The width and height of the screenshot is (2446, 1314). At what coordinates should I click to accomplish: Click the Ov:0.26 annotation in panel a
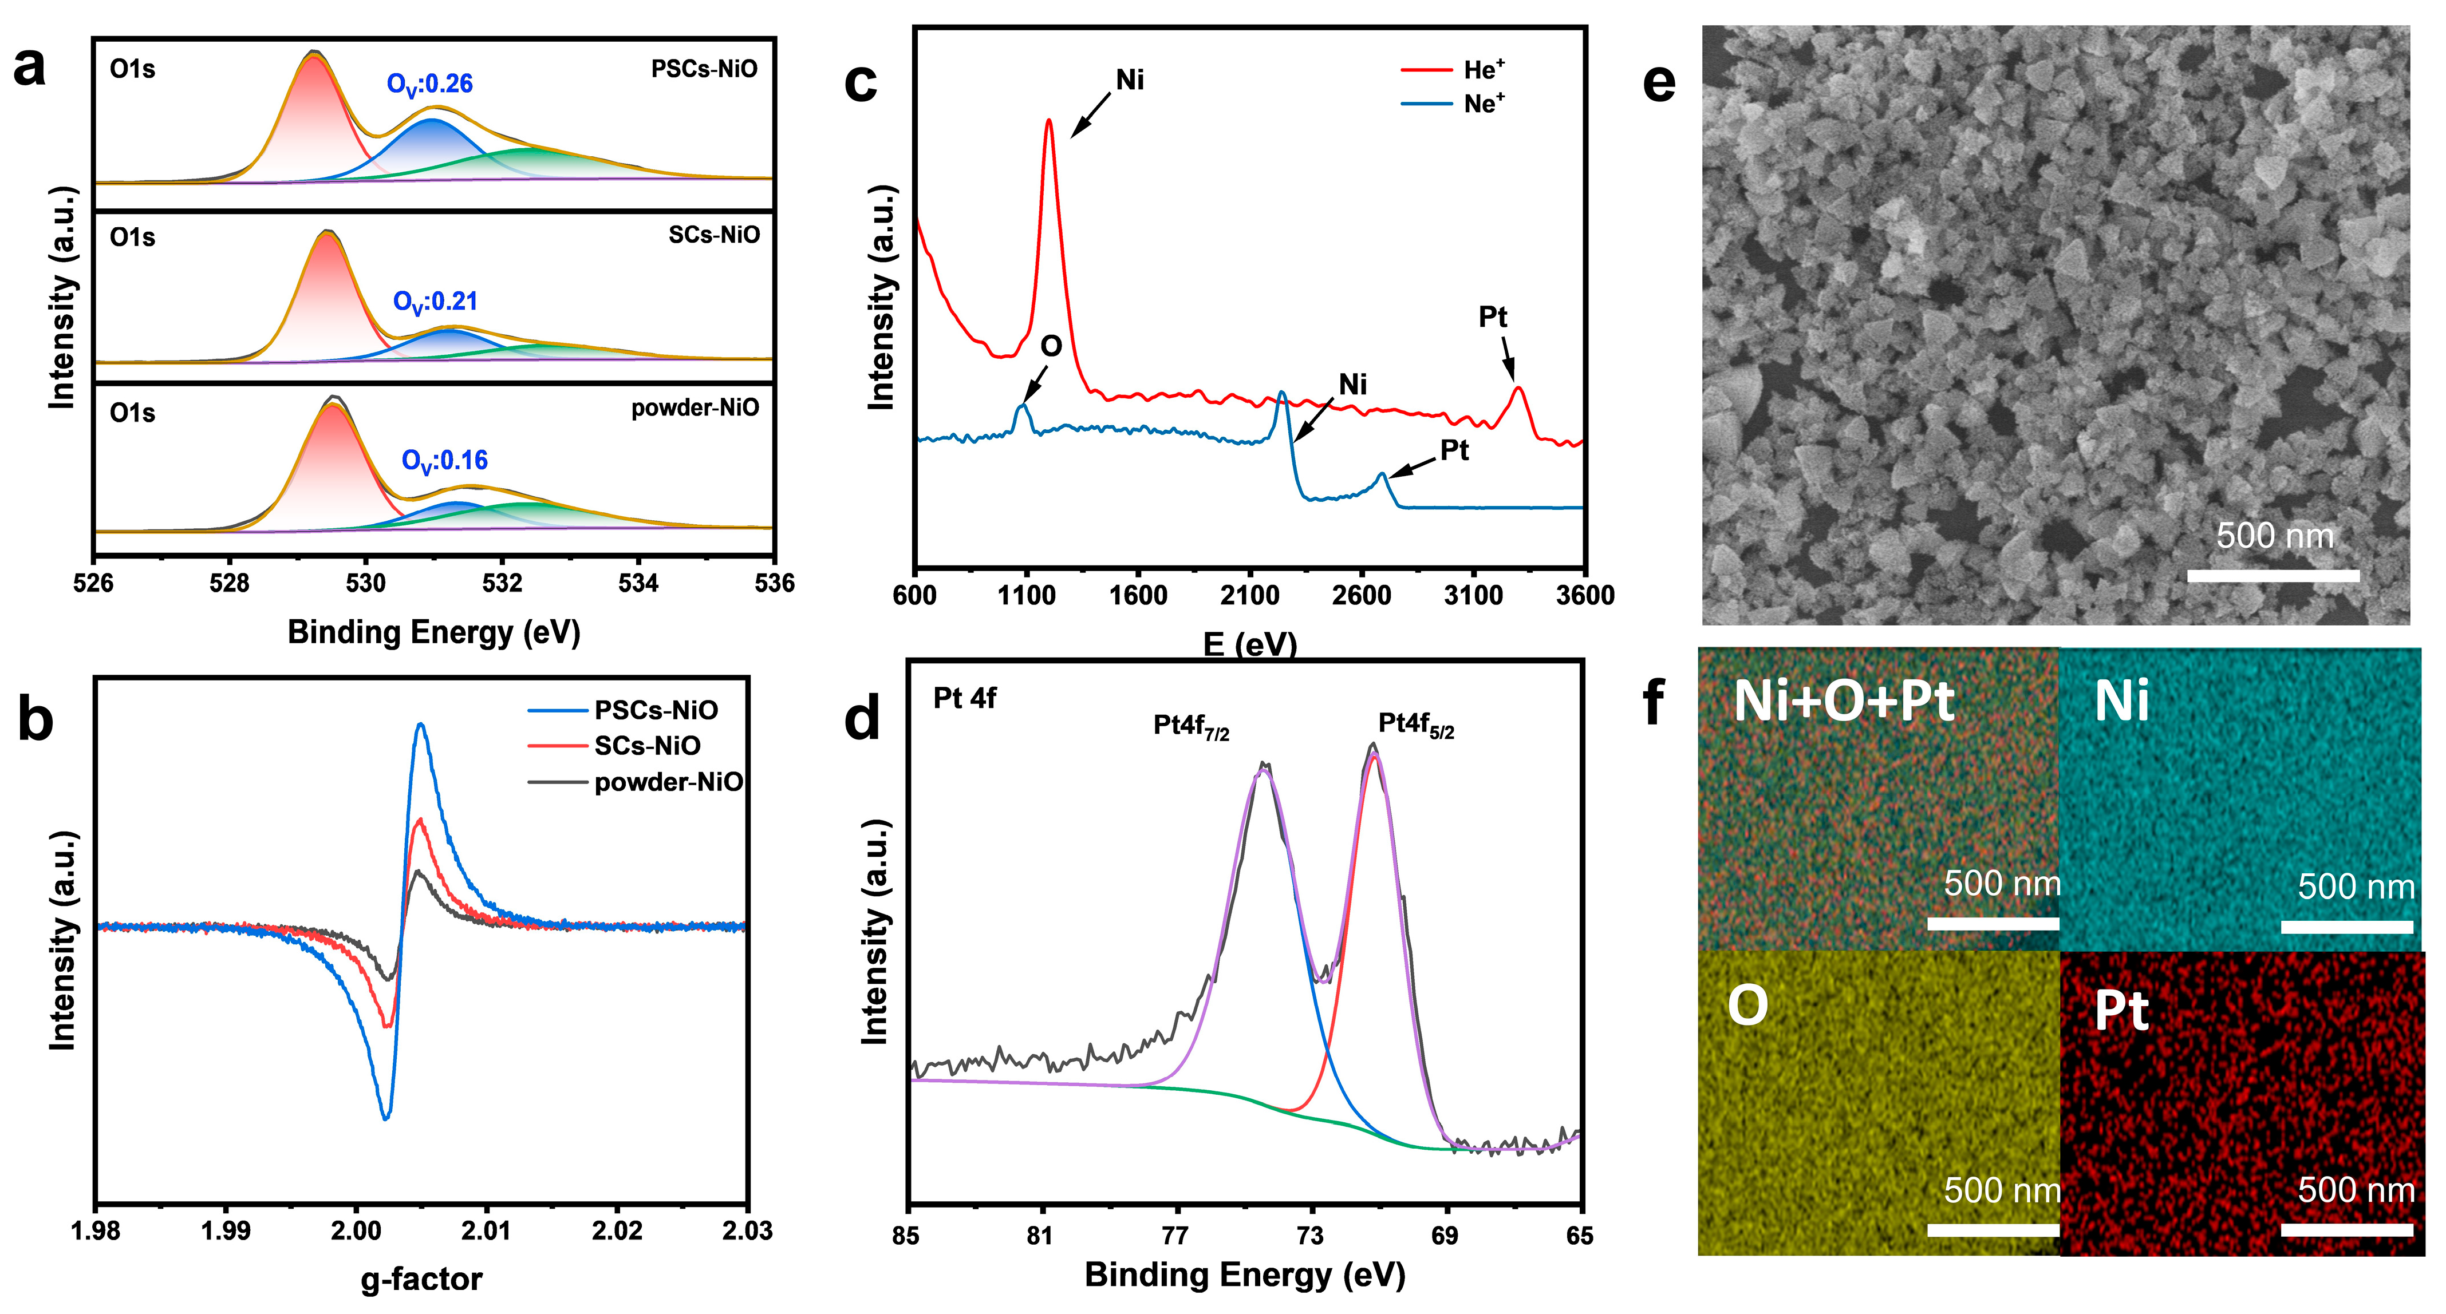point(429,85)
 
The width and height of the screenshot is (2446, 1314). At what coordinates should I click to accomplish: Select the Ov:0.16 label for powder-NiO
point(444,461)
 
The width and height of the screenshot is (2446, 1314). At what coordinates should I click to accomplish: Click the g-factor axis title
point(421,1279)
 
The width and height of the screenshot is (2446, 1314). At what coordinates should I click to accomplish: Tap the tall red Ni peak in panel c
point(1048,121)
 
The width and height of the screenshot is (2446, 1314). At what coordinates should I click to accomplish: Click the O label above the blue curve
point(1050,347)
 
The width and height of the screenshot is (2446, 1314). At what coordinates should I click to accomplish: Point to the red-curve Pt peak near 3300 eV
point(1517,389)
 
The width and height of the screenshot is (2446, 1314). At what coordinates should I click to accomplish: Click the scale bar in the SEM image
point(2273,575)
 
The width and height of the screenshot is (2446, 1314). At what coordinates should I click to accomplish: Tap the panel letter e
point(1658,84)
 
